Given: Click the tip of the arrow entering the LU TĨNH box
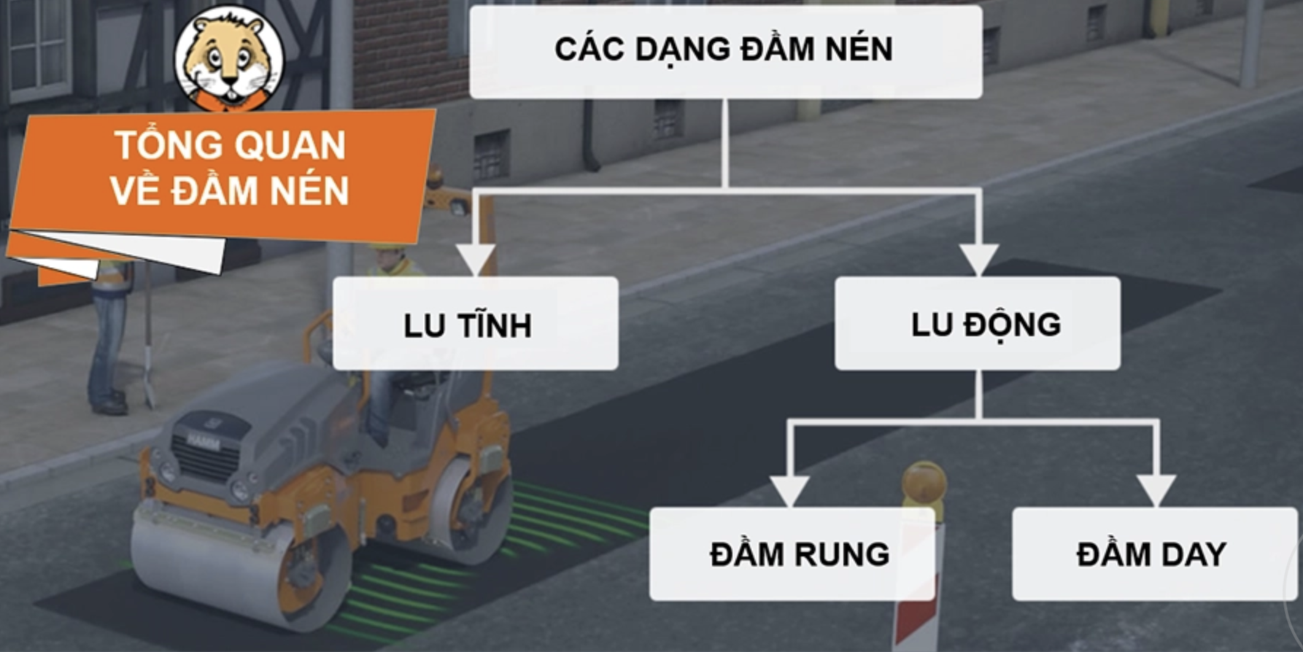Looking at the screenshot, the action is [475, 276].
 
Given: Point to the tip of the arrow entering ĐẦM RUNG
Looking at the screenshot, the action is [790, 507].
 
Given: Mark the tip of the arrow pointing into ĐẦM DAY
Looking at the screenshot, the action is [1156, 507].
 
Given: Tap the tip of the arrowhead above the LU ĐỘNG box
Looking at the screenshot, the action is [978, 276].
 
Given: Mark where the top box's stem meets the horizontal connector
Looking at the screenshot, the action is [725, 190].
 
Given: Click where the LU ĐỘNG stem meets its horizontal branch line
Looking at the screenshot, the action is [978, 422].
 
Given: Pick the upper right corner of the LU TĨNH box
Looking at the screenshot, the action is [618, 277].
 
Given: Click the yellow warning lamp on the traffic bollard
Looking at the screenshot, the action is [924, 484].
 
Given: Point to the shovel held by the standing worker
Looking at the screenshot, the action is [148, 335].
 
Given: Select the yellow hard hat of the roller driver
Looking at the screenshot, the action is [388, 247].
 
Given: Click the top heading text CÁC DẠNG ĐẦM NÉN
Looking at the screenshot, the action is [724, 48].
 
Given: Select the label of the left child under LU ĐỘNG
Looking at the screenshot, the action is [800, 554].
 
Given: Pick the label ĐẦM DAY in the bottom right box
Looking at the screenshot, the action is [1151, 554].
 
